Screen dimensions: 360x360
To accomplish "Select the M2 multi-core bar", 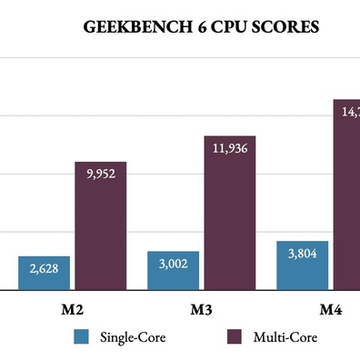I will click(x=100, y=236).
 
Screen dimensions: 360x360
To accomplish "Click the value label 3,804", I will click(x=302, y=254).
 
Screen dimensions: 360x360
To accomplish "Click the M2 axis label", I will click(x=62, y=310).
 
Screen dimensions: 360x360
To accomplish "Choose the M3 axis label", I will click(x=201, y=310).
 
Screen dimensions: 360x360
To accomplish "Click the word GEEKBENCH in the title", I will click(x=133, y=27).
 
